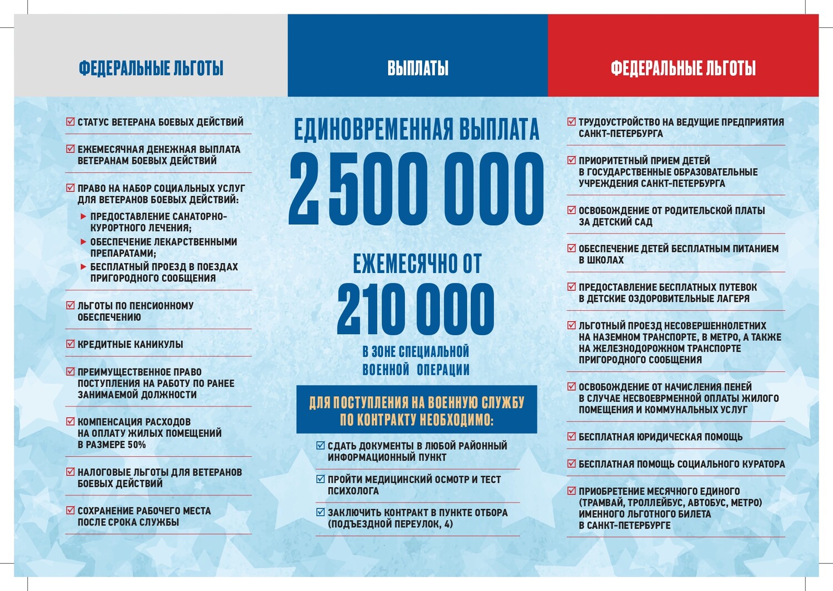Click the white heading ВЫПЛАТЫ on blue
418,68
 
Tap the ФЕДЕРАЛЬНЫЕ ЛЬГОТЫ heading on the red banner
683,68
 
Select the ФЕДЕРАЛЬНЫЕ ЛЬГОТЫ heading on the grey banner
151,68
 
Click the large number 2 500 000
416,189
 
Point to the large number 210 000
415,309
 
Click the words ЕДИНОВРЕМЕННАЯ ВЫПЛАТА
416,130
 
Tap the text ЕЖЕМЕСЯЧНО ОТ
417,264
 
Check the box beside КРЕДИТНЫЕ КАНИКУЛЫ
71,344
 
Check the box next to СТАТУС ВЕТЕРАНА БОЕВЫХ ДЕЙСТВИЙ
71,122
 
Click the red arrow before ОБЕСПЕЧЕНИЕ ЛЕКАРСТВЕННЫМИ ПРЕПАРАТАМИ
83,242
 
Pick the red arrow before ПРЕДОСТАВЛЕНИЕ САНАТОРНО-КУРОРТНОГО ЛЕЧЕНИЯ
83,216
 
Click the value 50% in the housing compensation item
136,445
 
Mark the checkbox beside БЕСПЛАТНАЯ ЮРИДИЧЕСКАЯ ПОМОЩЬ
571,437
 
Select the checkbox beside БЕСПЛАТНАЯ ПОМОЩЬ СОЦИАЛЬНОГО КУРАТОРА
571,464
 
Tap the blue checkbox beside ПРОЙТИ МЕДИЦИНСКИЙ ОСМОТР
320,479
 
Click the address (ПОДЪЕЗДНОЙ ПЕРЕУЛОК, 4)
390,524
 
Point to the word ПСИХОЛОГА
353,491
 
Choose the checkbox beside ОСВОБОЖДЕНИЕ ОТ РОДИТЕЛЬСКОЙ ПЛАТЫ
571,210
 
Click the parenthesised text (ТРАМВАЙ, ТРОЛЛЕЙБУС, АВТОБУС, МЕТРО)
670,503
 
